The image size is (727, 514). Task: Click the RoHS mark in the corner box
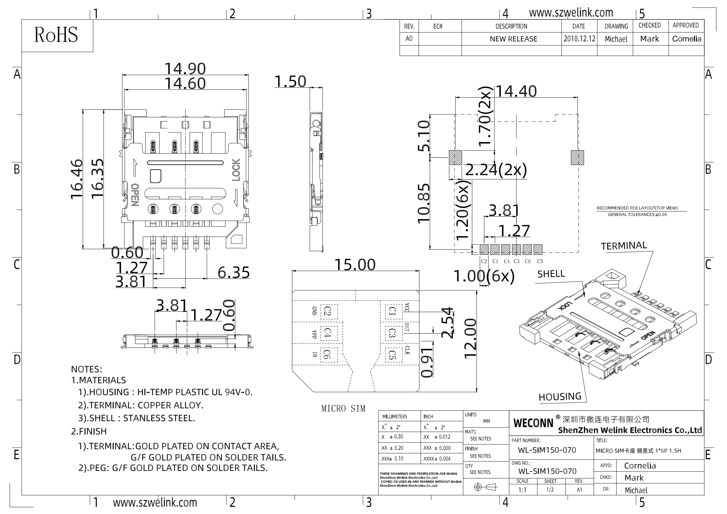click(x=56, y=35)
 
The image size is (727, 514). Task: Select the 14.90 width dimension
click(x=185, y=69)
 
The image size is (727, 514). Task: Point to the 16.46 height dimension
click(x=77, y=179)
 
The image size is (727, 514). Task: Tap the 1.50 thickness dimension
click(x=290, y=82)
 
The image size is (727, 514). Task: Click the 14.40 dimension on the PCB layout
click(x=516, y=91)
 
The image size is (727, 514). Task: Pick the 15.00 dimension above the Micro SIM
click(x=355, y=265)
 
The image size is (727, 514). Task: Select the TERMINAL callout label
click(x=624, y=246)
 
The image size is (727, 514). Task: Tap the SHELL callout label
click(x=551, y=274)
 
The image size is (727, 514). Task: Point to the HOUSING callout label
click(x=560, y=397)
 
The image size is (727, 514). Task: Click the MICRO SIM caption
click(x=343, y=409)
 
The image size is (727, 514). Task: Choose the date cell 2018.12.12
click(x=579, y=39)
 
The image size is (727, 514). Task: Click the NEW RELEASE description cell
click(x=514, y=39)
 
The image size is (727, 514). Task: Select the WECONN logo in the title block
click(x=533, y=423)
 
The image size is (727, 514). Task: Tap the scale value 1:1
click(x=522, y=490)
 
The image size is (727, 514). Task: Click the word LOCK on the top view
click(x=236, y=170)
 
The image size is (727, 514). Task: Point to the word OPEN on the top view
click(x=135, y=195)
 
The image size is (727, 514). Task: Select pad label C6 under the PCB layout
click(x=528, y=261)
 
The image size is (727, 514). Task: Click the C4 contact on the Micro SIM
click(x=328, y=333)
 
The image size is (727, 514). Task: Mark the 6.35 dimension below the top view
click(x=233, y=272)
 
